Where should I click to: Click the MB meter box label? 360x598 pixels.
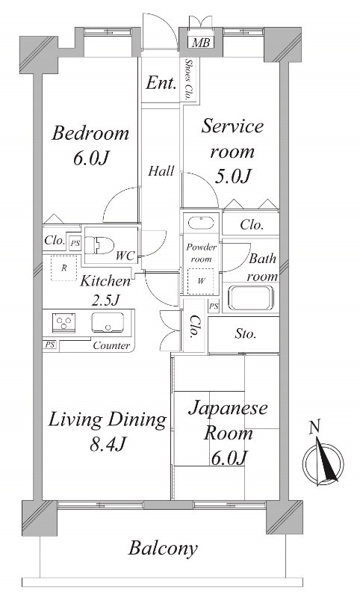click(x=201, y=43)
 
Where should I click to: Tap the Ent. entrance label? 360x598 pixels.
click(x=161, y=83)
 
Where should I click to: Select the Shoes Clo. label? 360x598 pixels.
click(x=187, y=79)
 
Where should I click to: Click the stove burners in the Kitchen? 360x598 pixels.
click(x=64, y=323)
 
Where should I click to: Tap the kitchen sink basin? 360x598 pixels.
click(x=108, y=322)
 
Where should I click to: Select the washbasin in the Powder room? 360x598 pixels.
click(x=201, y=223)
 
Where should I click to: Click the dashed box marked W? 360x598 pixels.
click(x=201, y=281)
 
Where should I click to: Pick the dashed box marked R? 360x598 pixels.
click(x=64, y=268)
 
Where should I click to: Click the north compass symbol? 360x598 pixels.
click(x=323, y=459)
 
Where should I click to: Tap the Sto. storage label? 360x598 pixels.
click(x=245, y=334)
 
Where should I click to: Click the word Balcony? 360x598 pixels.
click(x=163, y=549)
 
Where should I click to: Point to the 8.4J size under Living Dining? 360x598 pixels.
click(x=108, y=444)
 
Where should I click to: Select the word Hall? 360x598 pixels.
click(x=161, y=171)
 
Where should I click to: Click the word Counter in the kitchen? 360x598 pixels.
click(x=111, y=346)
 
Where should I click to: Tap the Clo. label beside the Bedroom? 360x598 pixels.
click(x=54, y=241)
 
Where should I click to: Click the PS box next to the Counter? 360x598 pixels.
click(x=49, y=345)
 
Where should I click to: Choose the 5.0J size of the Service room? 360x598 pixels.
click(x=232, y=176)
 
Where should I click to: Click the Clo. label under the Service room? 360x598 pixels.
click(x=252, y=225)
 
